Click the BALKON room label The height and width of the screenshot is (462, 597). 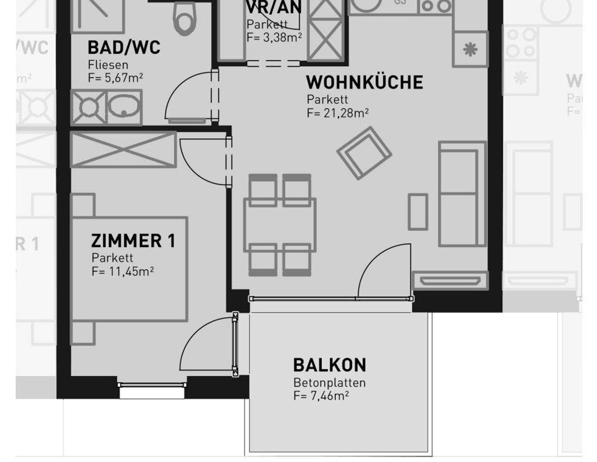pos(329,365)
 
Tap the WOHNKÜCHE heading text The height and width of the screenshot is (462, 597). pos(364,82)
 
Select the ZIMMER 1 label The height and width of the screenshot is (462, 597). pos(133,241)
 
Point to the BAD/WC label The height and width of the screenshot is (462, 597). pos(124,48)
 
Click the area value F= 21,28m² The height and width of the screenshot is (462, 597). pos(338,113)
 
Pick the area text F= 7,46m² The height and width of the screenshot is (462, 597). pos(321,396)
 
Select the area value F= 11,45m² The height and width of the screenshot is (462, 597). pos(122,272)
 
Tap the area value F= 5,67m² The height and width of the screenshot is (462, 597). pos(115,78)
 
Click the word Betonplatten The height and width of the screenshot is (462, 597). pos(329,383)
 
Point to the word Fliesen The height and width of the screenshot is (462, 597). pos(108,65)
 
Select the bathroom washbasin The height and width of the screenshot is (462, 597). pos(124,107)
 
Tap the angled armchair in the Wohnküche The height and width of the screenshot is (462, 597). pos(364,153)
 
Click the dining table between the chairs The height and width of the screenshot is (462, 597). pos(280,225)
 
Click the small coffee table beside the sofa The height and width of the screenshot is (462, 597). pos(417,212)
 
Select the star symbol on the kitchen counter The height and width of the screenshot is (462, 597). pos(470,49)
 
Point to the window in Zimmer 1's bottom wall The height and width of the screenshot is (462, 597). pos(152,385)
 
